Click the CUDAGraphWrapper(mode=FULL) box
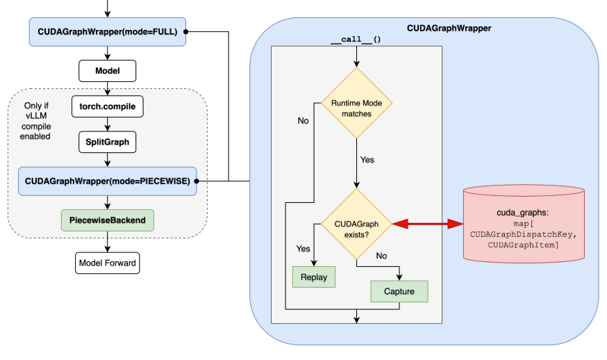(x=107, y=33)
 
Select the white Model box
(x=107, y=71)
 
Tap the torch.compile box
(x=107, y=106)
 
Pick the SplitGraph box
(x=107, y=142)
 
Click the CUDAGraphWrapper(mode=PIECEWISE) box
(x=107, y=181)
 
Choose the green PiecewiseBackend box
(x=107, y=220)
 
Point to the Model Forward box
(x=107, y=263)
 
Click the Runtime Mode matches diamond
(x=356, y=104)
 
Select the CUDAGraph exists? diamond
(x=356, y=224)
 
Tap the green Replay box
(x=314, y=277)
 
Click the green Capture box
(x=399, y=291)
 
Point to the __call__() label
(x=356, y=40)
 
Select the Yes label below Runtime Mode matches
(x=367, y=160)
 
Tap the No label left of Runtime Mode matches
(x=303, y=121)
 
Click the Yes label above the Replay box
(x=303, y=248)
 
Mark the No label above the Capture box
(x=381, y=256)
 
